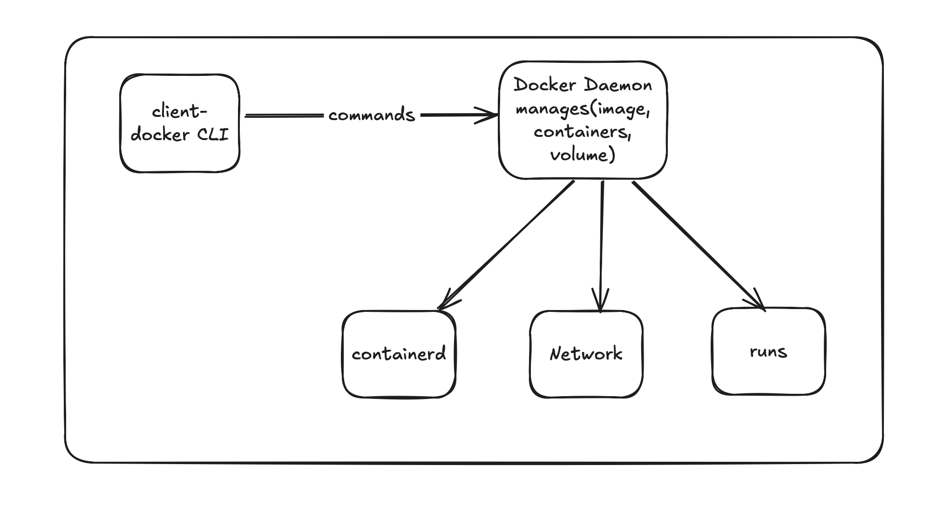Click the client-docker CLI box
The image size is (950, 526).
pos(180,123)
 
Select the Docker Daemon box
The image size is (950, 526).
pos(583,120)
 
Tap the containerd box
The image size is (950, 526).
pos(399,354)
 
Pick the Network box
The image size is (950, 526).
pos(586,354)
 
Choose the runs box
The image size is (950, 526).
pos(769,351)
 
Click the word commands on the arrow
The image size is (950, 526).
pos(372,115)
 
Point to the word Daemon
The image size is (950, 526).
pos(618,85)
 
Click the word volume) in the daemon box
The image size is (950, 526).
pos(583,155)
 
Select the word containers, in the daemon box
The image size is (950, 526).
pos(583,132)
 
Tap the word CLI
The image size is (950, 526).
pos(213,135)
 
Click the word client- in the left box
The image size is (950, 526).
pos(180,112)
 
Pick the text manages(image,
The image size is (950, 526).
pos(583,109)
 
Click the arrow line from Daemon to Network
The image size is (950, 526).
pos(601,246)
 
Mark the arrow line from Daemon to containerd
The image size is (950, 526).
pos(506,245)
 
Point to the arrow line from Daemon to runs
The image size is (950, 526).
pos(699,245)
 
